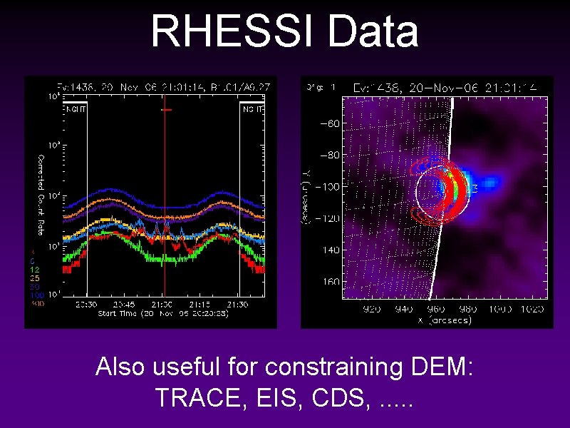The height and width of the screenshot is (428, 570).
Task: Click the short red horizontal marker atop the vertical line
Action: (x=166, y=110)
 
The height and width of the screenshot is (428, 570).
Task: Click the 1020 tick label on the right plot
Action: (x=532, y=310)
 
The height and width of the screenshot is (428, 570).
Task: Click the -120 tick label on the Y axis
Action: (x=328, y=218)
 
